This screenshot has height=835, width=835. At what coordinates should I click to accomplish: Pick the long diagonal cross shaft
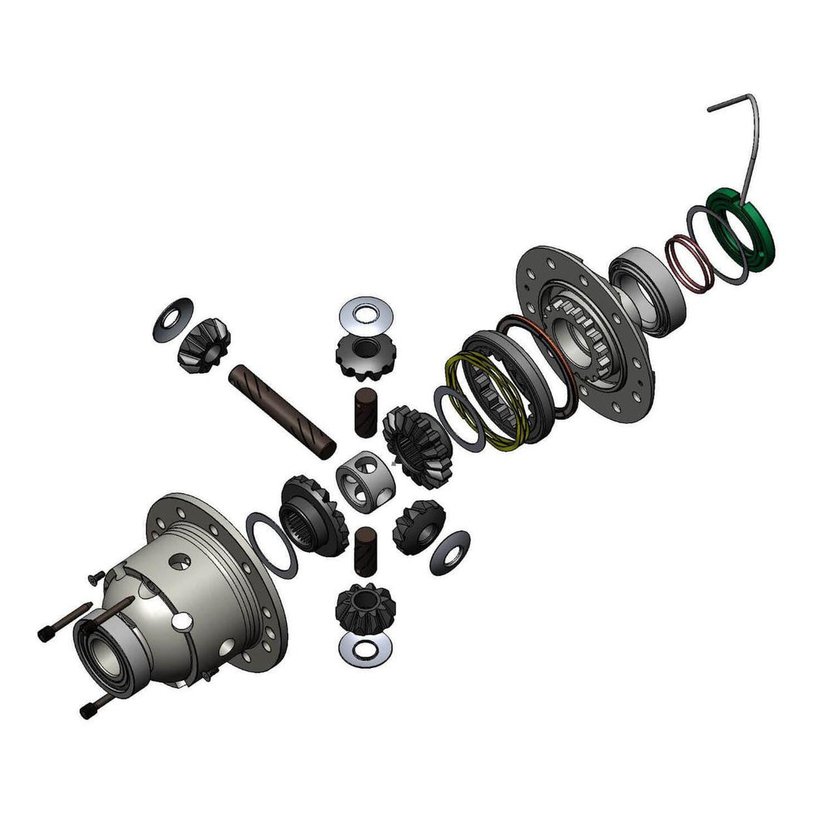pyautogui.click(x=282, y=407)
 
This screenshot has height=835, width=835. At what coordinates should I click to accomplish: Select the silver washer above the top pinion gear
pyautogui.click(x=366, y=313)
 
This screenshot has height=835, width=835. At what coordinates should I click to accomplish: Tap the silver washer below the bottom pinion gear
pyautogui.click(x=365, y=650)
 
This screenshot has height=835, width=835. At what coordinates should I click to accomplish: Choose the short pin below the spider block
pyautogui.click(x=366, y=551)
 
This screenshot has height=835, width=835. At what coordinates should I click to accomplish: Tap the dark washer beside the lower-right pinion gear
pyautogui.click(x=449, y=552)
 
